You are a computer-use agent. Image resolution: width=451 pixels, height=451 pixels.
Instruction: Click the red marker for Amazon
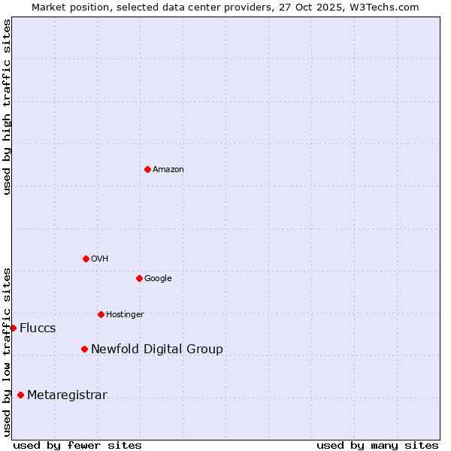click(147, 169)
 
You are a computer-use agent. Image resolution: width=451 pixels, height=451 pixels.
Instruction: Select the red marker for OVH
click(86, 259)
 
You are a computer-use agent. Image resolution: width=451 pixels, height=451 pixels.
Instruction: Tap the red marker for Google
click(139, 278)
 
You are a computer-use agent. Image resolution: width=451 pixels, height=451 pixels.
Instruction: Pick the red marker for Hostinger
click(101, 314)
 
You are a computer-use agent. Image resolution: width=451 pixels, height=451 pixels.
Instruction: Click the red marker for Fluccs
click(13, 328)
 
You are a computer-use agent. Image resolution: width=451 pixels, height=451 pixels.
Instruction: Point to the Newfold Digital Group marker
click(84, 349)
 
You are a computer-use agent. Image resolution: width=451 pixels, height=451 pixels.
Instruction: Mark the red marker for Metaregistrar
click(20, 395)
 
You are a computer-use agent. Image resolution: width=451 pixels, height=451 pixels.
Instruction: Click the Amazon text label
click(168, 170)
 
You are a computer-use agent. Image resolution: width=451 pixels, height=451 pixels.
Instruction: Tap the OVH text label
click(100, 259)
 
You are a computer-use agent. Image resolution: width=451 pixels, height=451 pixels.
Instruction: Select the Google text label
click(158, 279)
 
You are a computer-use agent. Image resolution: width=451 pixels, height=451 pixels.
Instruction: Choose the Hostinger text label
click(125, 315)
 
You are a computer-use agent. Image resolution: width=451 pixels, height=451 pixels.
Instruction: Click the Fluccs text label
click(38, 328)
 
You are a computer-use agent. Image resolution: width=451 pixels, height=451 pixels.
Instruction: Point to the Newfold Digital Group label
click(157, 350)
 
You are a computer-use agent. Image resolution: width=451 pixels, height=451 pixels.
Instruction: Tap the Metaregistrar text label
click(67, 396)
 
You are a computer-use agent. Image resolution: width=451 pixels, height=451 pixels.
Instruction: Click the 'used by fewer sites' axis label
click(77, 446)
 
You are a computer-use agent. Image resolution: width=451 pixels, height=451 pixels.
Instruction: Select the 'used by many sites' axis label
click(377, 446)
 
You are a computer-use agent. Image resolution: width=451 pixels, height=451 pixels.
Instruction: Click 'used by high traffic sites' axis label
click(7, 107)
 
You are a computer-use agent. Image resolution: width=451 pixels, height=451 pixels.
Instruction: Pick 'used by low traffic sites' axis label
click(7, 352)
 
